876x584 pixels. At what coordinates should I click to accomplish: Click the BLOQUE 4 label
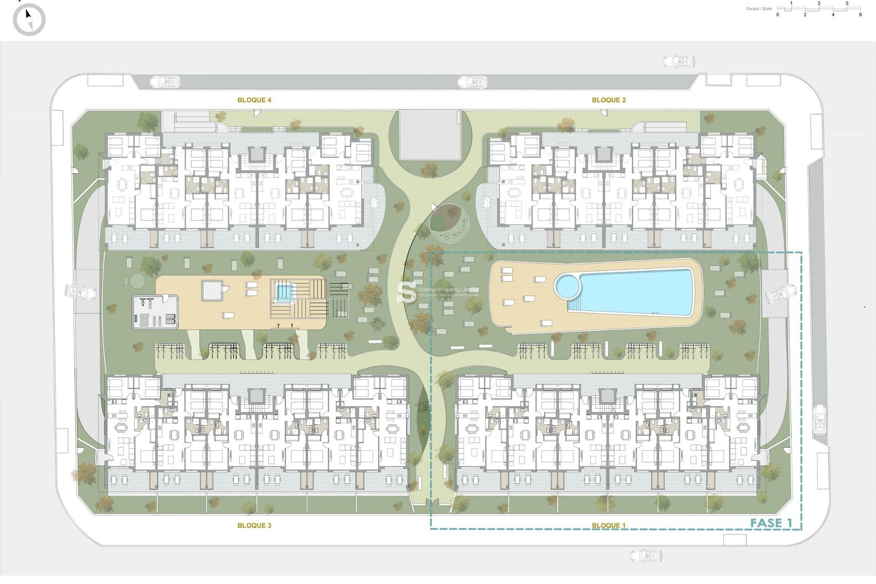coord(254,100)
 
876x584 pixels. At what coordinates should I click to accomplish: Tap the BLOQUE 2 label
coord(609,100)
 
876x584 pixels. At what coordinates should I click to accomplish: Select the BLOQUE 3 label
coord(254,525)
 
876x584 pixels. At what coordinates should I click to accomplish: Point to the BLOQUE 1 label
coord(609,525)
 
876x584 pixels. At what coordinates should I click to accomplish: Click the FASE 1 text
coord(771,523)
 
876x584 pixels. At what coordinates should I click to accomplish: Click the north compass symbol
coord(29,20)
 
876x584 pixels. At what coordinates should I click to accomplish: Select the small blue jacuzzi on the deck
coord(283,292)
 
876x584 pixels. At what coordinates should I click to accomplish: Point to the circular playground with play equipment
coord(449,224)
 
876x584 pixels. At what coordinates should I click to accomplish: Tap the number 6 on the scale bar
coord(860,15)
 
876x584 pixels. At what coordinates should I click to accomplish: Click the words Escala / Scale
coord(759,9)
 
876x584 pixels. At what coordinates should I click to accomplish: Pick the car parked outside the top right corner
coord(679,62)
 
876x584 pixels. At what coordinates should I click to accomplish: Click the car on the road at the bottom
coord(647,556)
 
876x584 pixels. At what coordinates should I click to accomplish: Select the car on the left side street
coord(80,292)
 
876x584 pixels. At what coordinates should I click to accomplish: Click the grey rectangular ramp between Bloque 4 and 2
coord(430,135)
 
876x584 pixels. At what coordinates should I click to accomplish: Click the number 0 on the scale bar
coord(778,15)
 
